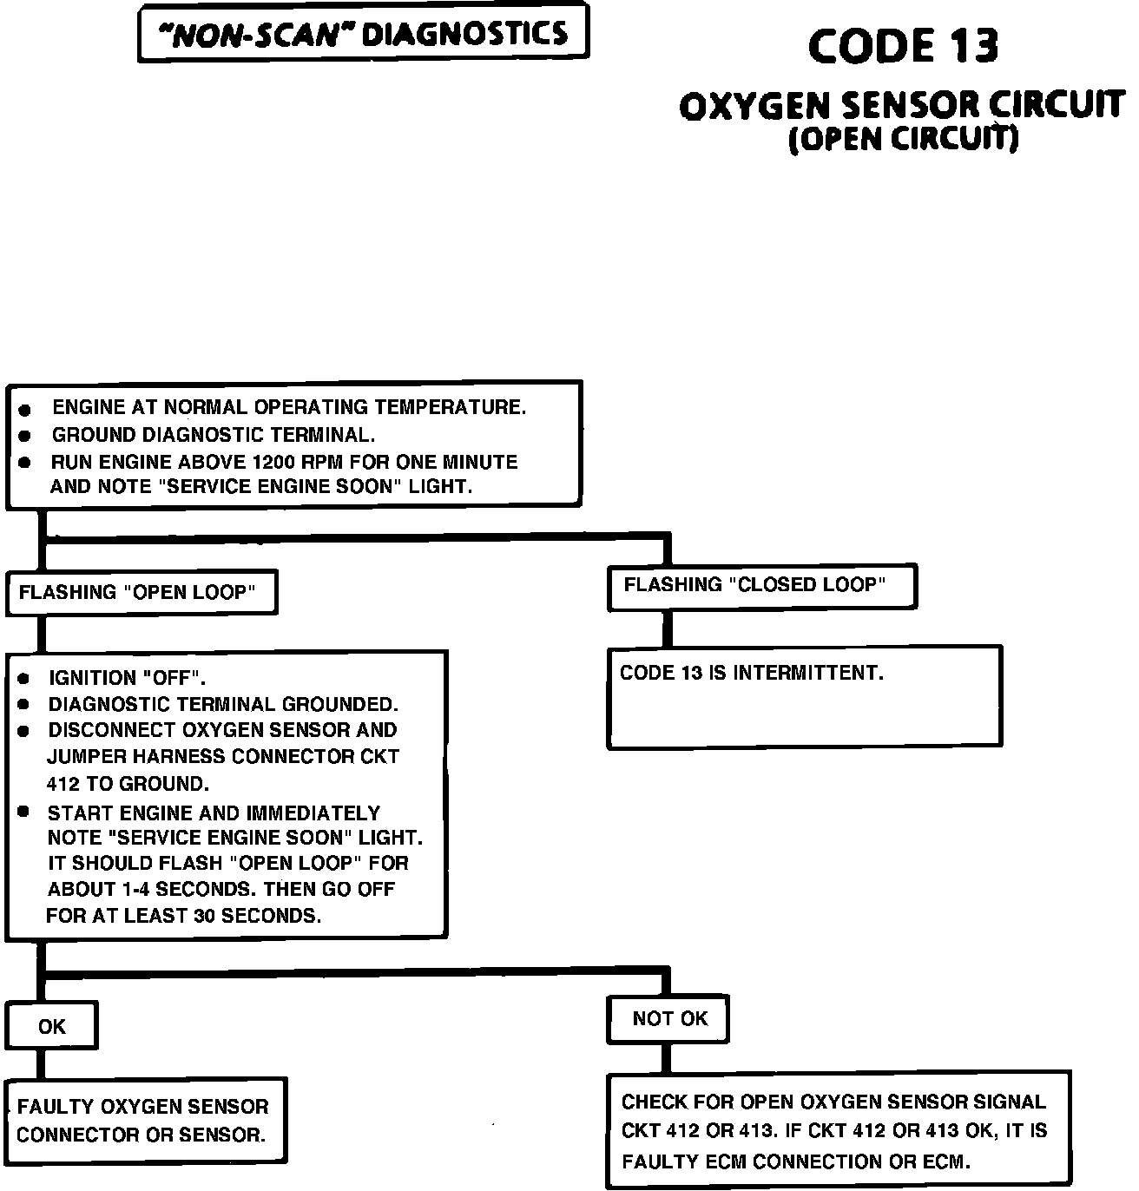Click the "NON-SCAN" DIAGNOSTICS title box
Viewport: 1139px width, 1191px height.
363,34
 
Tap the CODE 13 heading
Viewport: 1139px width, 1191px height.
903,46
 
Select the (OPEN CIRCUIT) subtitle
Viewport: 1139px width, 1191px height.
903,139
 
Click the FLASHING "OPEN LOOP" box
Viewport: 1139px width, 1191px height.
141,593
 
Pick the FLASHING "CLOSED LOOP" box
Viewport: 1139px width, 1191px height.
761,586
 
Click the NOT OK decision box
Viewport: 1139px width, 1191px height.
668,1019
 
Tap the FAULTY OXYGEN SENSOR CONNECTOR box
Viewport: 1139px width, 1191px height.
145,1121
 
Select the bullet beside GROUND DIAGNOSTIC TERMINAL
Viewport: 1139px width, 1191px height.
25,436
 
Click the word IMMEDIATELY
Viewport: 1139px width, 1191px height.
313,813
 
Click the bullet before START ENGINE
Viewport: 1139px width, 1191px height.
24,812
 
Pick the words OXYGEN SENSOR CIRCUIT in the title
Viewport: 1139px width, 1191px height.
903,106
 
